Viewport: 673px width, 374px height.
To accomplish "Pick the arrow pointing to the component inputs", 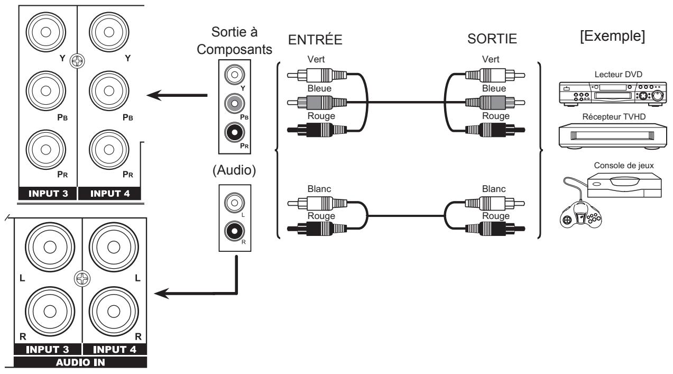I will click(x=177, y=96).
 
